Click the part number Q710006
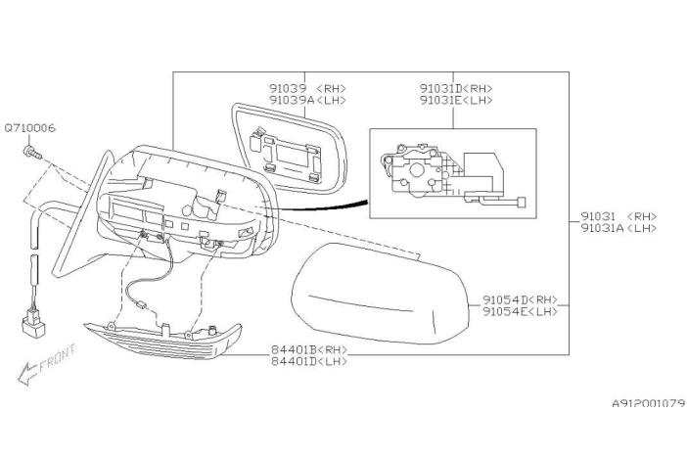coord(29,128)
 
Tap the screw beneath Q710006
coord(32,152)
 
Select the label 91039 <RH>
coord(307,88)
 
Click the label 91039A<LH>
coord(307,100)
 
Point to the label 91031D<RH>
coord(456,88)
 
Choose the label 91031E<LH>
coord(456,100)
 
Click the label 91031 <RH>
coord(619,216)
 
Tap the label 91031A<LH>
coord(619,228)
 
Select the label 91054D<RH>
coord(520,299)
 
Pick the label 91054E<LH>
coord(520,311)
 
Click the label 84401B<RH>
coord(309,349)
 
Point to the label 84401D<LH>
coord(309,361)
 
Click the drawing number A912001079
coord(649,403)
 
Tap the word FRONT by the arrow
coord(58,357)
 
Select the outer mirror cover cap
coord(381,294)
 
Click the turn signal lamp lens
coord(162,341)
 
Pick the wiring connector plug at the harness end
coord(33,324)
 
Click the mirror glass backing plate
coord(289,149)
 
